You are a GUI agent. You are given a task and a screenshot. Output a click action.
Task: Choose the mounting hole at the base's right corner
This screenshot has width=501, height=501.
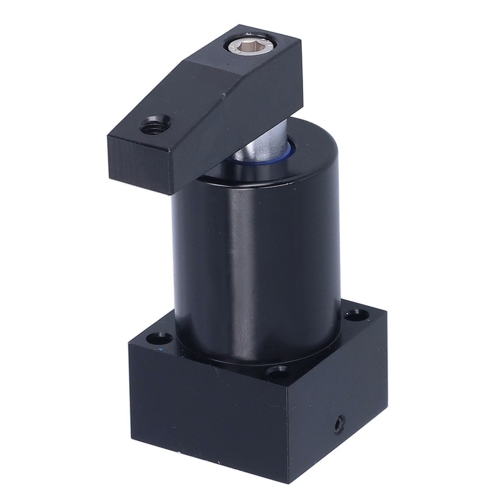355,312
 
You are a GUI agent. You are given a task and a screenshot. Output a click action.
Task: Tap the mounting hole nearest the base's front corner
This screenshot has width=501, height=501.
276,373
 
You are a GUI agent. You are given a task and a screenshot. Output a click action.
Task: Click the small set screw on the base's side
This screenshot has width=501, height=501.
339,425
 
